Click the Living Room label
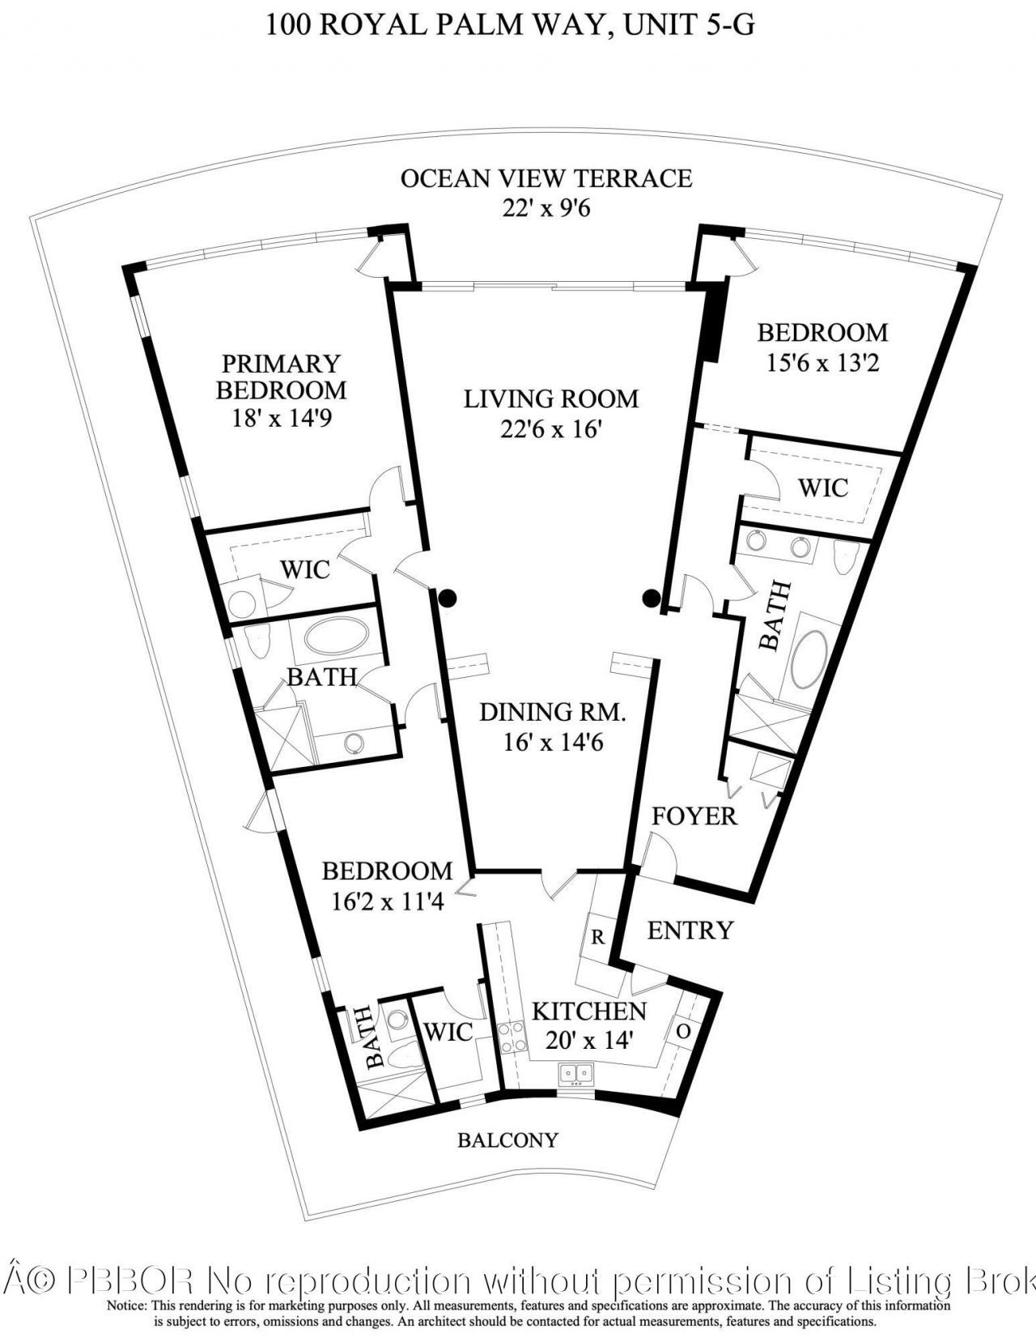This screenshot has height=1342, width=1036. pos(550,398)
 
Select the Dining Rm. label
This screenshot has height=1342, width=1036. pos(553,712)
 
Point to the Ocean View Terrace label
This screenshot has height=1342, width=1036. pos(546,178)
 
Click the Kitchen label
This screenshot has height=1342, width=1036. pos(588,1011)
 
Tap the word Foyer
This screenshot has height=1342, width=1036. pos(694,816)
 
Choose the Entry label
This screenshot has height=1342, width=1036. pos(690,930)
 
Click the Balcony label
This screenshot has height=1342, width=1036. pos(507,1140)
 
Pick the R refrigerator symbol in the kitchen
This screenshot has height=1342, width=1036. pos(598,937)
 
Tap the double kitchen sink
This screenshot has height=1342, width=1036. pos(577,1074)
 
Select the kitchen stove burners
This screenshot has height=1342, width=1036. pos(512,1037)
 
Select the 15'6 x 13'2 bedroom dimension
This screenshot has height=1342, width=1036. pos(822,361)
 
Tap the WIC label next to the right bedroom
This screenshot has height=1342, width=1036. pos(823,488)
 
